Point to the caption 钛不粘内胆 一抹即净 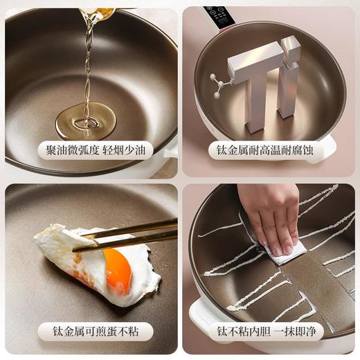271,331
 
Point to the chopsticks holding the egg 128,233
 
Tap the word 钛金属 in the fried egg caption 69,331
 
